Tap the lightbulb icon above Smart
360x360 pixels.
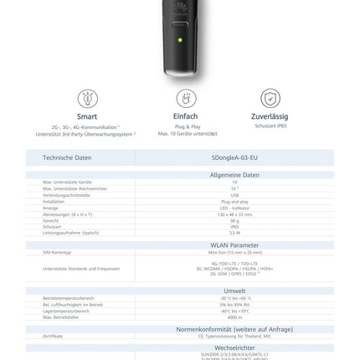87,98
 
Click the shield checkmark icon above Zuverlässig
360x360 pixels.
270,98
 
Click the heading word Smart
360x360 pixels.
87,117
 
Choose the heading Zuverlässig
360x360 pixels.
270,117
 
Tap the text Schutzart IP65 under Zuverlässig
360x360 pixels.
270,126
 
